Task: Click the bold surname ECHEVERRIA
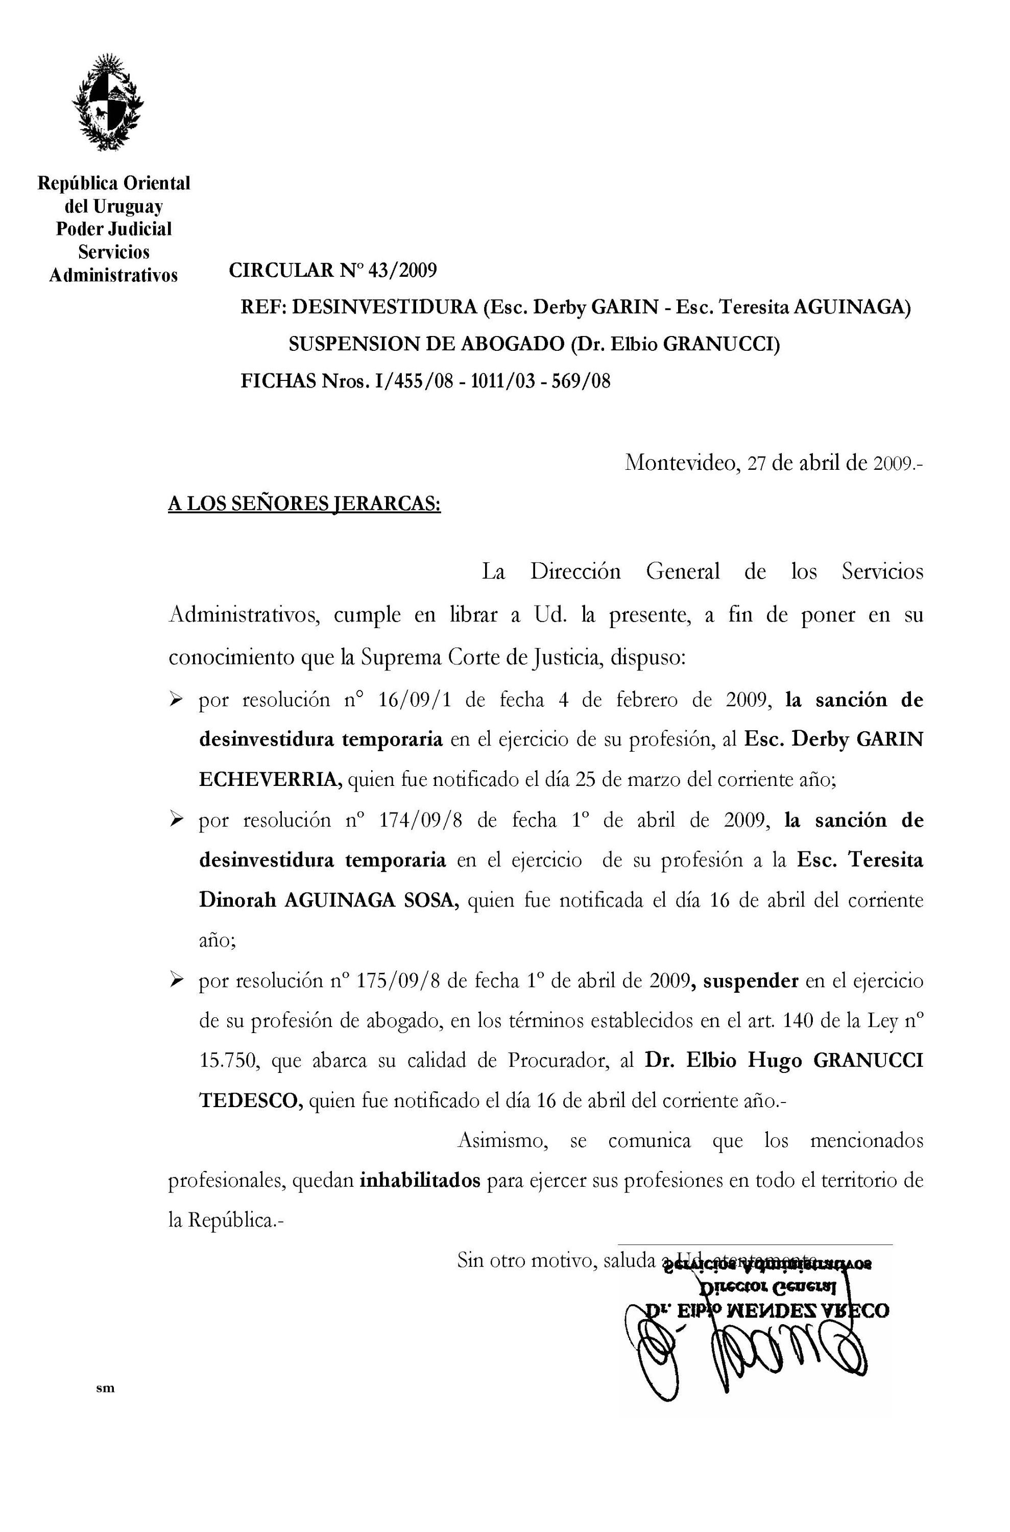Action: (x=271, y=780)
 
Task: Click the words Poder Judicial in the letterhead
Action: (x=114, y=229)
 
